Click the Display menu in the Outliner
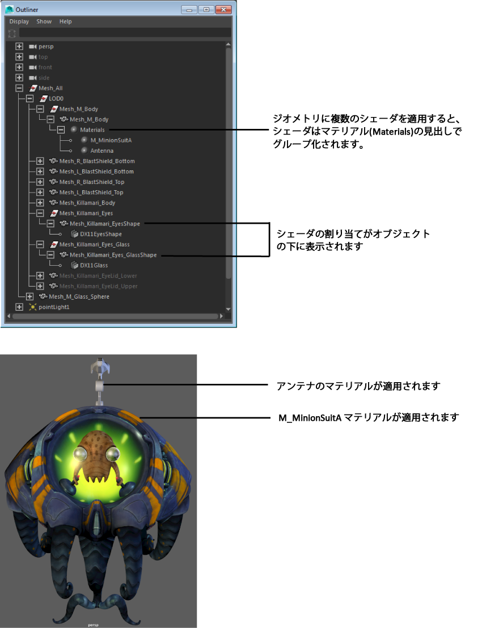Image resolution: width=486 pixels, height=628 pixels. point(19,22)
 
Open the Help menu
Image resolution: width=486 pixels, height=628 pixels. point(66,22)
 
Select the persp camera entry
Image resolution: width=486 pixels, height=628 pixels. point(45,47)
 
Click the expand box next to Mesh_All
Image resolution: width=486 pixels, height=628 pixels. point(19,88)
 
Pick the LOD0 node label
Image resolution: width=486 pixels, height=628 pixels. point(56,98)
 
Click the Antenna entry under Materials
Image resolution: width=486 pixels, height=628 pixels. point(102,150)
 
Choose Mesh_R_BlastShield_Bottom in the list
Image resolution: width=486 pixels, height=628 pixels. point(96,161)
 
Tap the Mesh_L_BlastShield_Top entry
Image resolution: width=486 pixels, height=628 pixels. point(91,192)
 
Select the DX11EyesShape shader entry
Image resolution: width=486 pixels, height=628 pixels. point(100,234)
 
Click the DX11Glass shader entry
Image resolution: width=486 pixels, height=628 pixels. point(93,265)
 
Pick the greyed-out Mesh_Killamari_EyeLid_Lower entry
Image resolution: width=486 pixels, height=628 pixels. point(98,276)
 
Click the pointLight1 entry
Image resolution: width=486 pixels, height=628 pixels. point(53,307)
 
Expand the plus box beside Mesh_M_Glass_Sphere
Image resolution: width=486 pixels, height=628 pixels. point(29,296)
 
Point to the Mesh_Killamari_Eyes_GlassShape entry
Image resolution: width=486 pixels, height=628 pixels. point(113,255)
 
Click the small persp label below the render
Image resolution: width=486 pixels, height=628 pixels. point(94,625)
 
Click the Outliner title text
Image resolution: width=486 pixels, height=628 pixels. point(27,10)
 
